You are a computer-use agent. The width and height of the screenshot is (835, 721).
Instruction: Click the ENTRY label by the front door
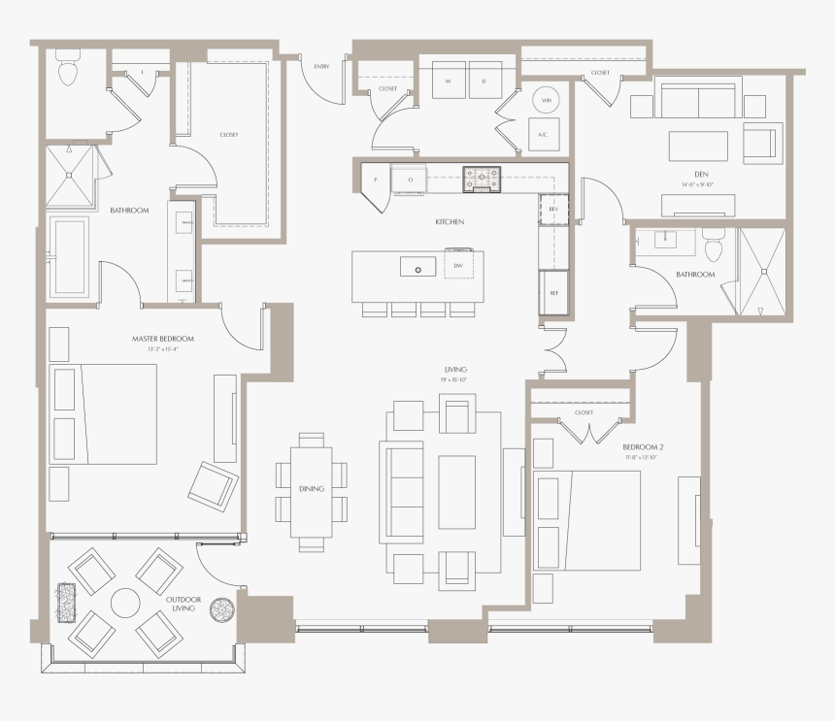point(321,67)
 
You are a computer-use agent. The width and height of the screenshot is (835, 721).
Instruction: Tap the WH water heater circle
point(547,100)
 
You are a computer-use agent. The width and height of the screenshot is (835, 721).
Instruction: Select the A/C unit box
point(543,135)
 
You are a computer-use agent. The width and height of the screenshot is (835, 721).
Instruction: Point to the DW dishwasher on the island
point(458,266)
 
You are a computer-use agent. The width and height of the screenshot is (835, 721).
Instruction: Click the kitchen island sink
point(417,267)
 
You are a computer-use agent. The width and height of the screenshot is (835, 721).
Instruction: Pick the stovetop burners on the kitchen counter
point(483,176)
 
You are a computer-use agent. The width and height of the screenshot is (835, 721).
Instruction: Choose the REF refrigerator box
point(554,293)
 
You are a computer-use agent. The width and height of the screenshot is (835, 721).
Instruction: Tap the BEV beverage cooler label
point(554,209)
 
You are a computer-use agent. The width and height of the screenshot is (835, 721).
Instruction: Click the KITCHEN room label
point(450,222)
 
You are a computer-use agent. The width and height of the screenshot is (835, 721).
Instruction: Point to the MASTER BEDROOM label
point(163,339)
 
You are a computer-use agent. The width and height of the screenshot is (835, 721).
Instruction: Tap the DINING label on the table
point(312,490)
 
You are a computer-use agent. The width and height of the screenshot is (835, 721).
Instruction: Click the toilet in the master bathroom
point(68,70)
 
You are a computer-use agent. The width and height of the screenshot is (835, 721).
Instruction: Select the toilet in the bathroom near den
point(715,248)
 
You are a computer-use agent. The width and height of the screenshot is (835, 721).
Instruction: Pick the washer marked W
point(449,82)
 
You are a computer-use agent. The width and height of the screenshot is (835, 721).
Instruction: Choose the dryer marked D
point(484,82)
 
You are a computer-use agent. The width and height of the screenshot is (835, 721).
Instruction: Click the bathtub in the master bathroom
point(69,256)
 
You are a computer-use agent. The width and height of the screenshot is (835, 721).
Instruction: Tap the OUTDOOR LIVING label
point(182,603)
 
